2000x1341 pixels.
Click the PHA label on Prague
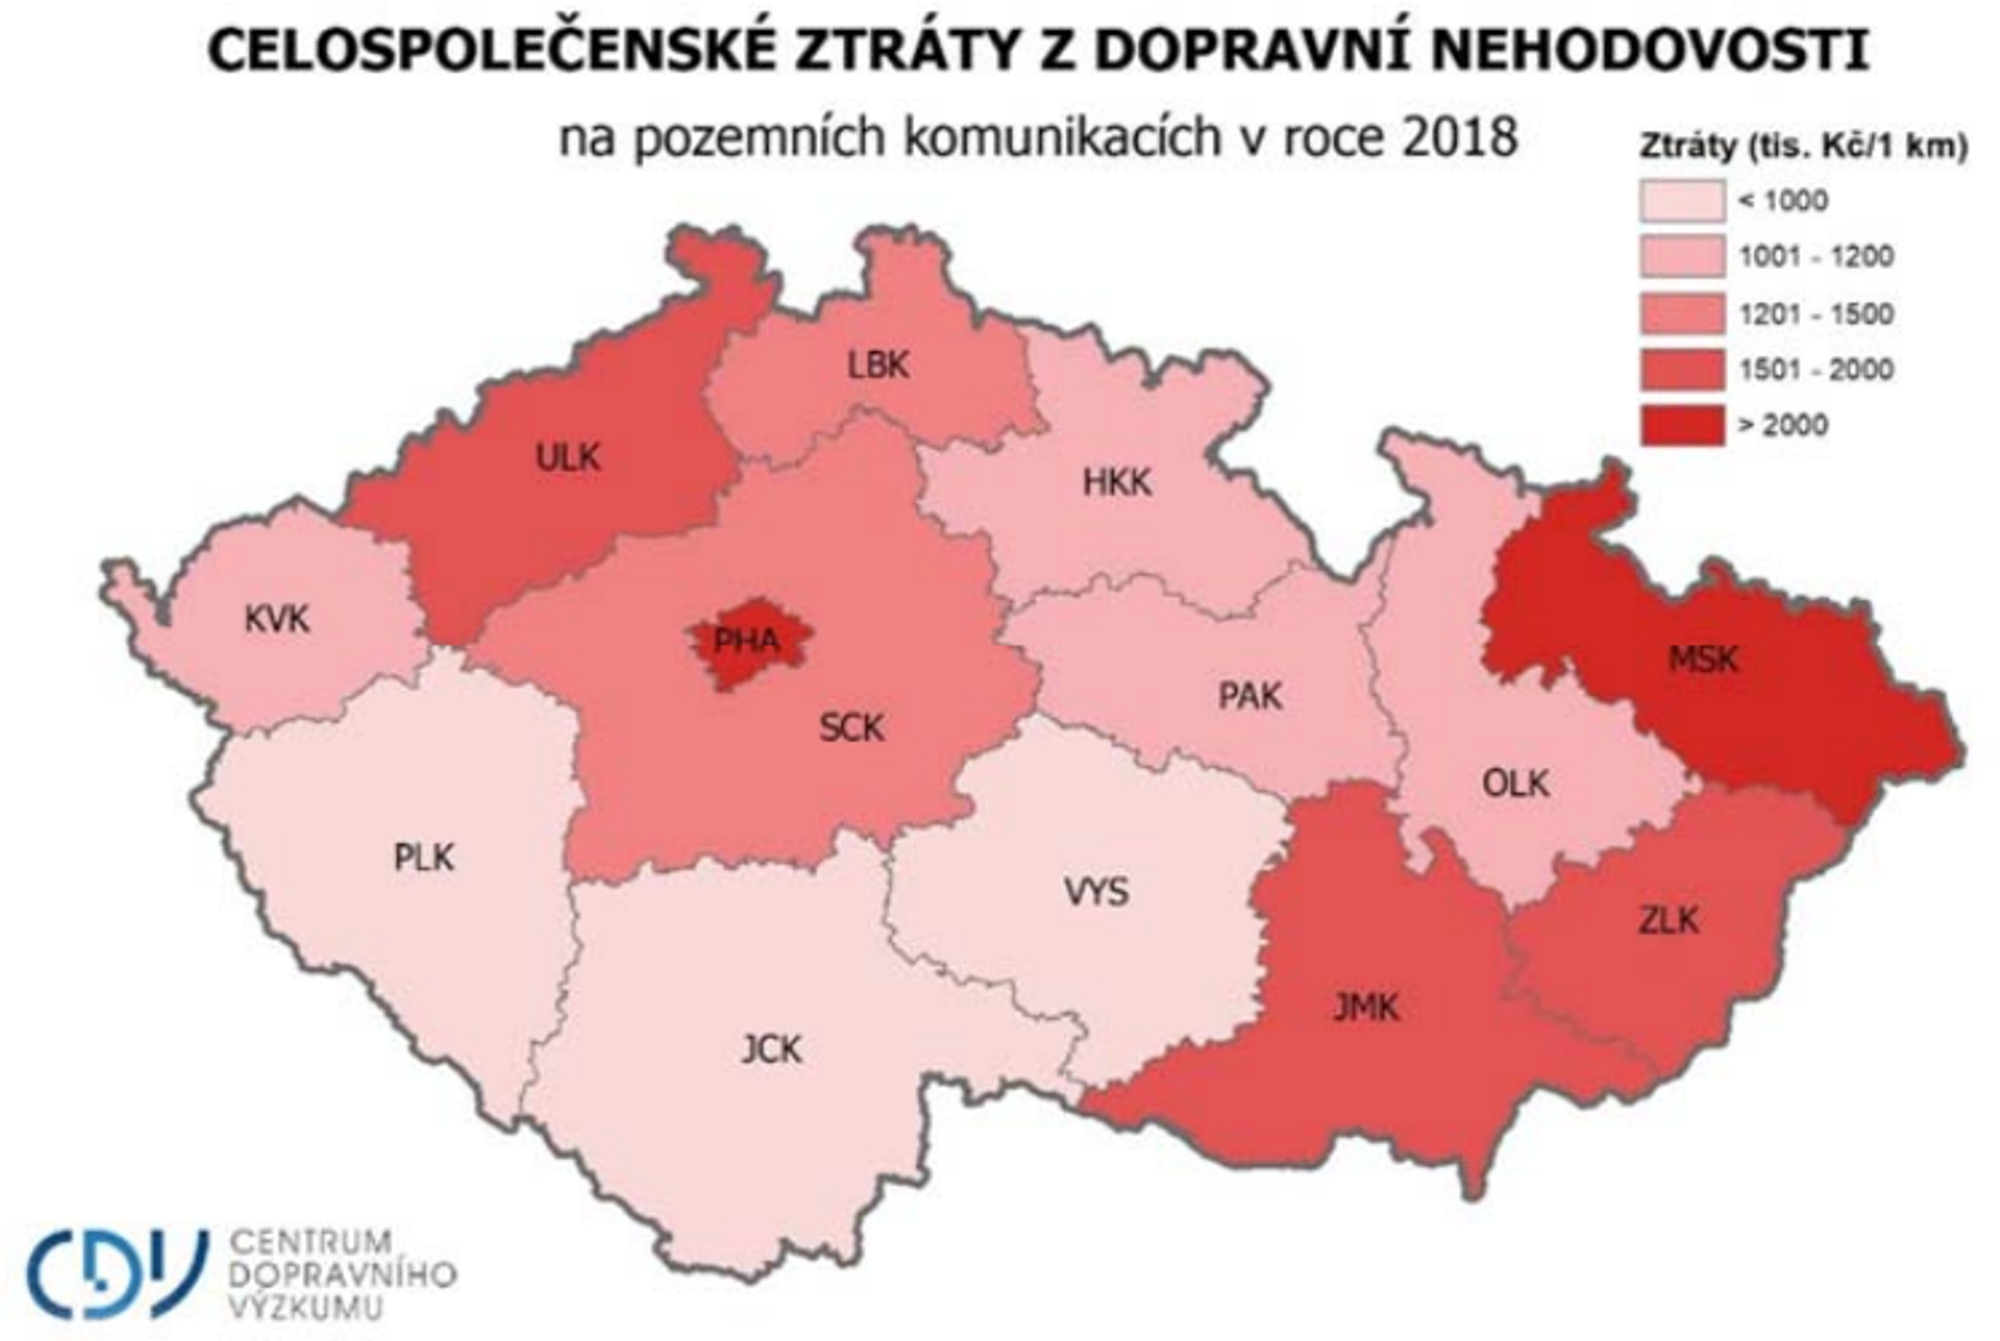tap(746, 641)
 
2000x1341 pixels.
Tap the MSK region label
tap(1703, 659)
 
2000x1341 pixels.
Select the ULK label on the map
tap(568, 457)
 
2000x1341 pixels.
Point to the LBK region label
tap(877, 365)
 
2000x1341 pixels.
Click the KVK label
tap(277, 619)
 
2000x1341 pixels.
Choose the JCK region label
tap(771, 1049)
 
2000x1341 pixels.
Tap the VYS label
tap(1096, 892)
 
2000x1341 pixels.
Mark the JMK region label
tap(1366, 1008)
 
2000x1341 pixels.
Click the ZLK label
tap(1669, 920)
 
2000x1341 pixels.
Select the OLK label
tap(1515, 784)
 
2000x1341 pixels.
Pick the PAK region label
tap(1250, 696)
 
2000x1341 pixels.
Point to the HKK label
tap(1117, 483)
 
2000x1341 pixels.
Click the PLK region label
tap(423, 857)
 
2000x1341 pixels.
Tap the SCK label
tap(851, 729)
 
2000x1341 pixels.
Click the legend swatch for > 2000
tap(1682, 425)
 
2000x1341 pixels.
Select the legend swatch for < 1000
tap(1682, 201)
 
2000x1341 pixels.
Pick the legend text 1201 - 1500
tap(1816, 314)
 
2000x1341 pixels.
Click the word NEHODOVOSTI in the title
tap(1649, 50)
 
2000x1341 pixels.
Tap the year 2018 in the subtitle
tap(1459, 137)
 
